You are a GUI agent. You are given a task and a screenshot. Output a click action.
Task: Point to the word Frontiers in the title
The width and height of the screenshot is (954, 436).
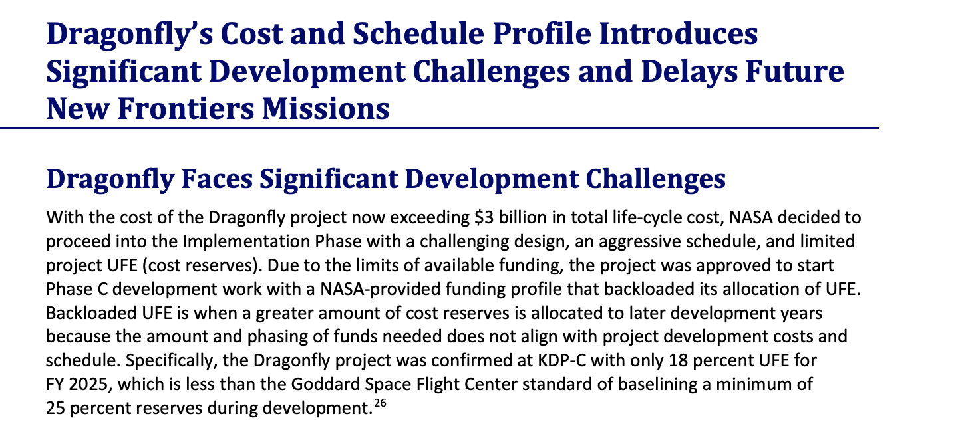pos(186,108)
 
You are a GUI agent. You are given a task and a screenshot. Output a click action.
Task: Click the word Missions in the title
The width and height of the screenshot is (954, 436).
pos(325,108)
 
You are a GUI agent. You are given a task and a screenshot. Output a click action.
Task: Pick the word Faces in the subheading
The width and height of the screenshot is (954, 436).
pos(217,179)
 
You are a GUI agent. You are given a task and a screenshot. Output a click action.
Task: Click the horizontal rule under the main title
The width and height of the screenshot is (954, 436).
pos(439,128)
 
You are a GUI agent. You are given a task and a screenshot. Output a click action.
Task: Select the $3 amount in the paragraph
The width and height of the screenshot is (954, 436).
pos(484,218)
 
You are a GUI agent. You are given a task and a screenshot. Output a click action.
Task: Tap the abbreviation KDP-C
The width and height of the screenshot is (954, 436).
pos(561,361)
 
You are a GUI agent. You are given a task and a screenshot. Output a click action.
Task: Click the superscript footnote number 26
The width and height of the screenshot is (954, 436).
pos(380,403)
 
